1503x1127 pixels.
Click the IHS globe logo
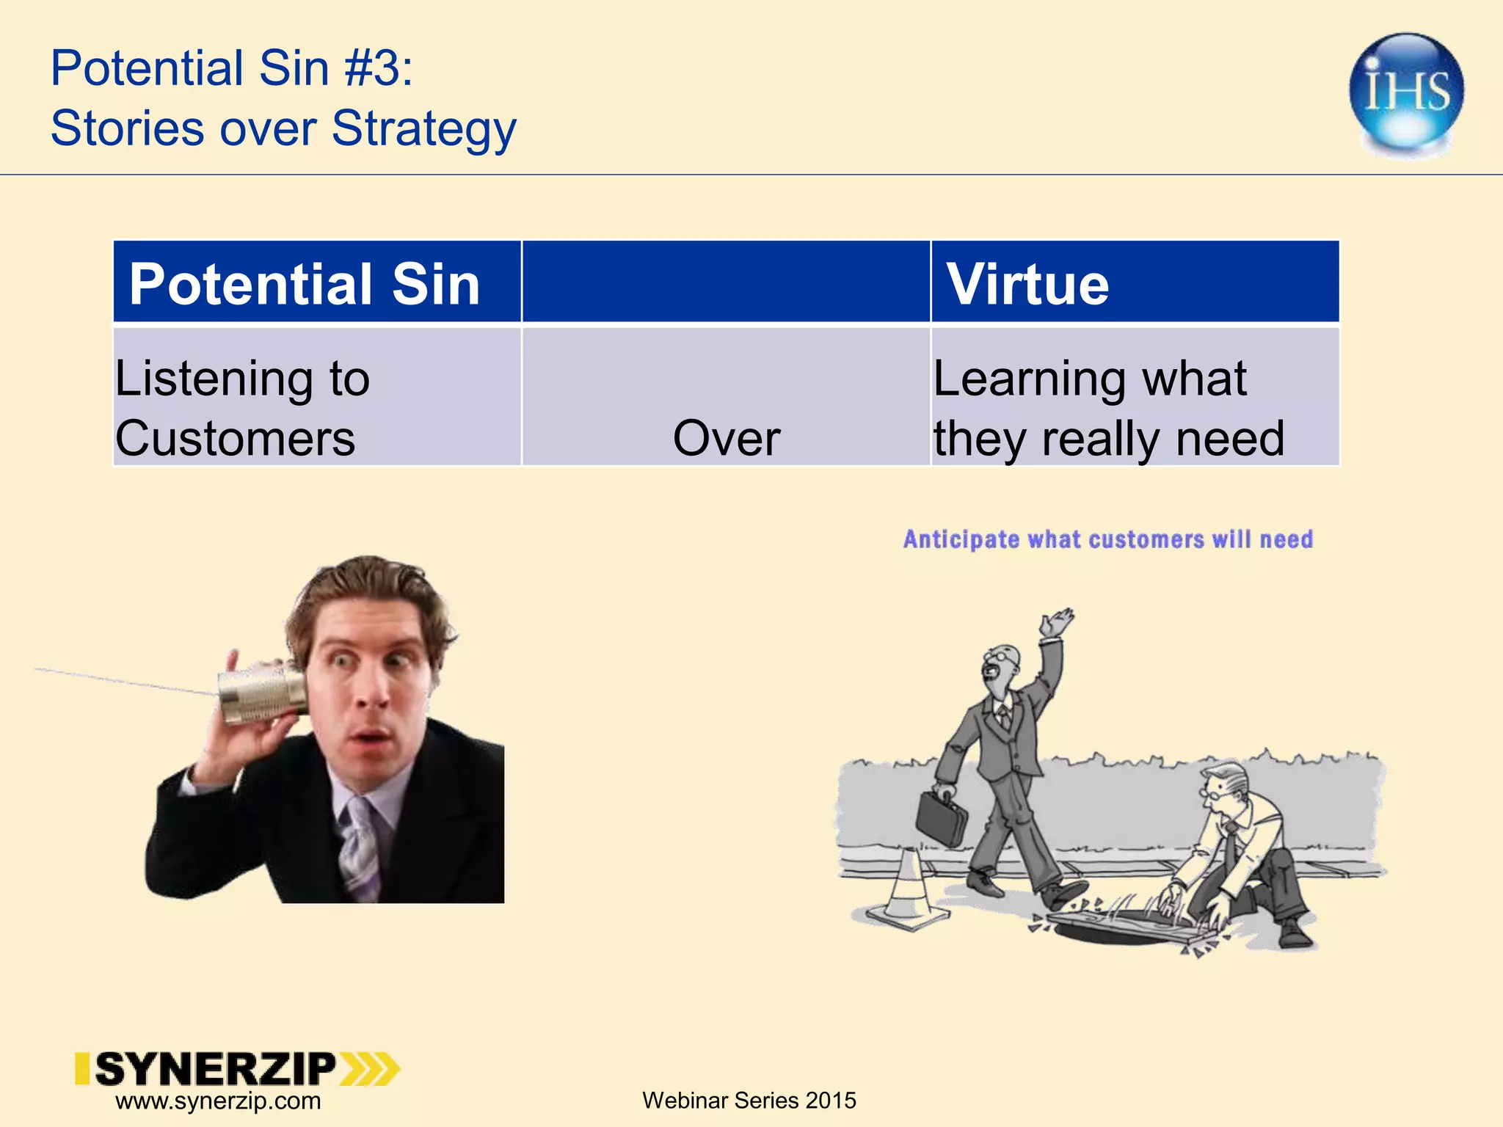1406,93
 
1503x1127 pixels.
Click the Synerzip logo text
215,1069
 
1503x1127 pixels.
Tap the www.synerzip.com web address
218,1101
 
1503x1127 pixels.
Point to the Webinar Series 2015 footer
749,1100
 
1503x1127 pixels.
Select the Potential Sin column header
305,283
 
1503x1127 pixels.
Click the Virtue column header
1027,283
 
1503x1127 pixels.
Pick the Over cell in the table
726,438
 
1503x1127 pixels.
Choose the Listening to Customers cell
242,408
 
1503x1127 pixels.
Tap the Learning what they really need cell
1108,408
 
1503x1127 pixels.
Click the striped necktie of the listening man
360,844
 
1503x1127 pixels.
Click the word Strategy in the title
423,128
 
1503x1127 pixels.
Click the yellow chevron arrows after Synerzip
371,1069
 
